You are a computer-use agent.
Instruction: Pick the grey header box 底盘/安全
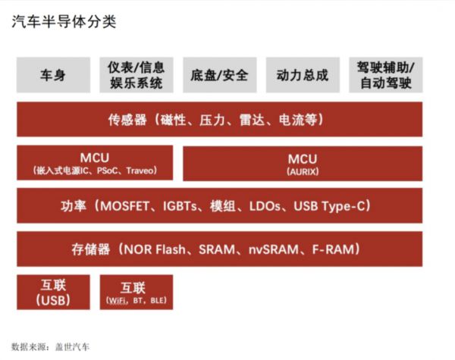219,75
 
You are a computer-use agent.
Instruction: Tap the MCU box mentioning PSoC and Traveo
95,162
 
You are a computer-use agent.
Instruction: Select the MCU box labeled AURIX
302,162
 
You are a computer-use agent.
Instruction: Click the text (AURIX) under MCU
302,171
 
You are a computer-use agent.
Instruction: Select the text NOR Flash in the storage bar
158,249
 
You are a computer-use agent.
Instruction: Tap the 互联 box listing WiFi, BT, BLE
136,292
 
